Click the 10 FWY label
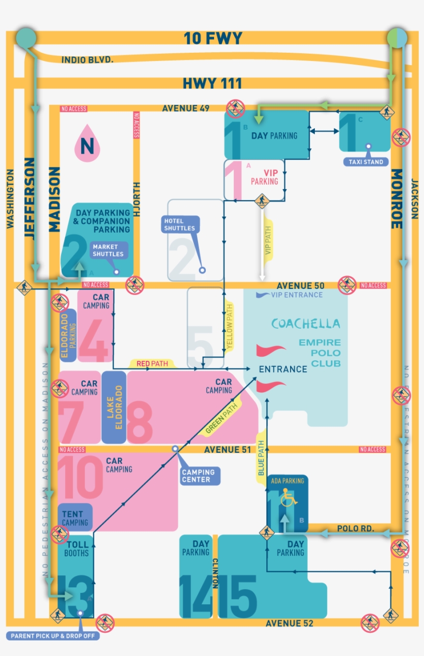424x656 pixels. point(213,39)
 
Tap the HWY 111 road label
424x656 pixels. point(212,84)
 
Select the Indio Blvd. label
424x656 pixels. point(87,60)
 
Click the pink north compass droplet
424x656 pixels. point(87,143)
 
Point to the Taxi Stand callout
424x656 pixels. point(366,162)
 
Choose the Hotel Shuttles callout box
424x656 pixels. point(180,224)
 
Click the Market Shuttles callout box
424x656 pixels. point(108,250)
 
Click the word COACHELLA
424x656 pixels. point(306,324)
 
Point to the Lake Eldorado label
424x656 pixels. point(114,407)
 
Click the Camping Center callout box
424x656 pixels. point(198,476)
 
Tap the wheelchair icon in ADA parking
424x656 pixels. point(287,500)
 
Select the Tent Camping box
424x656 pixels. point(75,518)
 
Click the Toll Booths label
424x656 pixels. point(77,548)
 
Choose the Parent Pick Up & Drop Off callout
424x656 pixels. point(53,635)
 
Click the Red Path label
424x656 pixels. point(152,364)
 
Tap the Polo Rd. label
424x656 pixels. point(352,528)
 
